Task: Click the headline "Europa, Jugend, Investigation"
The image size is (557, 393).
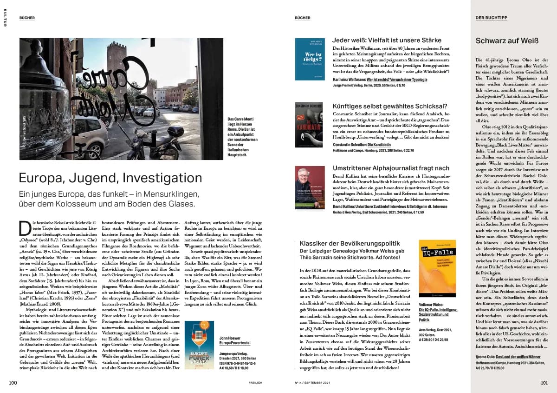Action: pos(110,178)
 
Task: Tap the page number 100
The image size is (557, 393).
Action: pos(13,382)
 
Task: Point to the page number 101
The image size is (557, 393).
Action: pos(544,382)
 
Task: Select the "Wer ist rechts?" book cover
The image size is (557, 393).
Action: pos(310,59)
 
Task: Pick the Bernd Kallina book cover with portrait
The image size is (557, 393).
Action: pos(310,187)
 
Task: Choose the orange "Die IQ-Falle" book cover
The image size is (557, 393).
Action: pos(437,268)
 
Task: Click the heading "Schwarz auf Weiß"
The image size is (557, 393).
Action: pos(507,40)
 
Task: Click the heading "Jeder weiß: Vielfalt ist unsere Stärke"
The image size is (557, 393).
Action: pos(387,40)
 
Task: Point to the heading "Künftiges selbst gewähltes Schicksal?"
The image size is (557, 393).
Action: pos(390,106)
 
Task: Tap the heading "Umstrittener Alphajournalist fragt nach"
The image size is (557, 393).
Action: pos(391,168)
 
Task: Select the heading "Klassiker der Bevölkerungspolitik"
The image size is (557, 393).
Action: pos(350,243)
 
